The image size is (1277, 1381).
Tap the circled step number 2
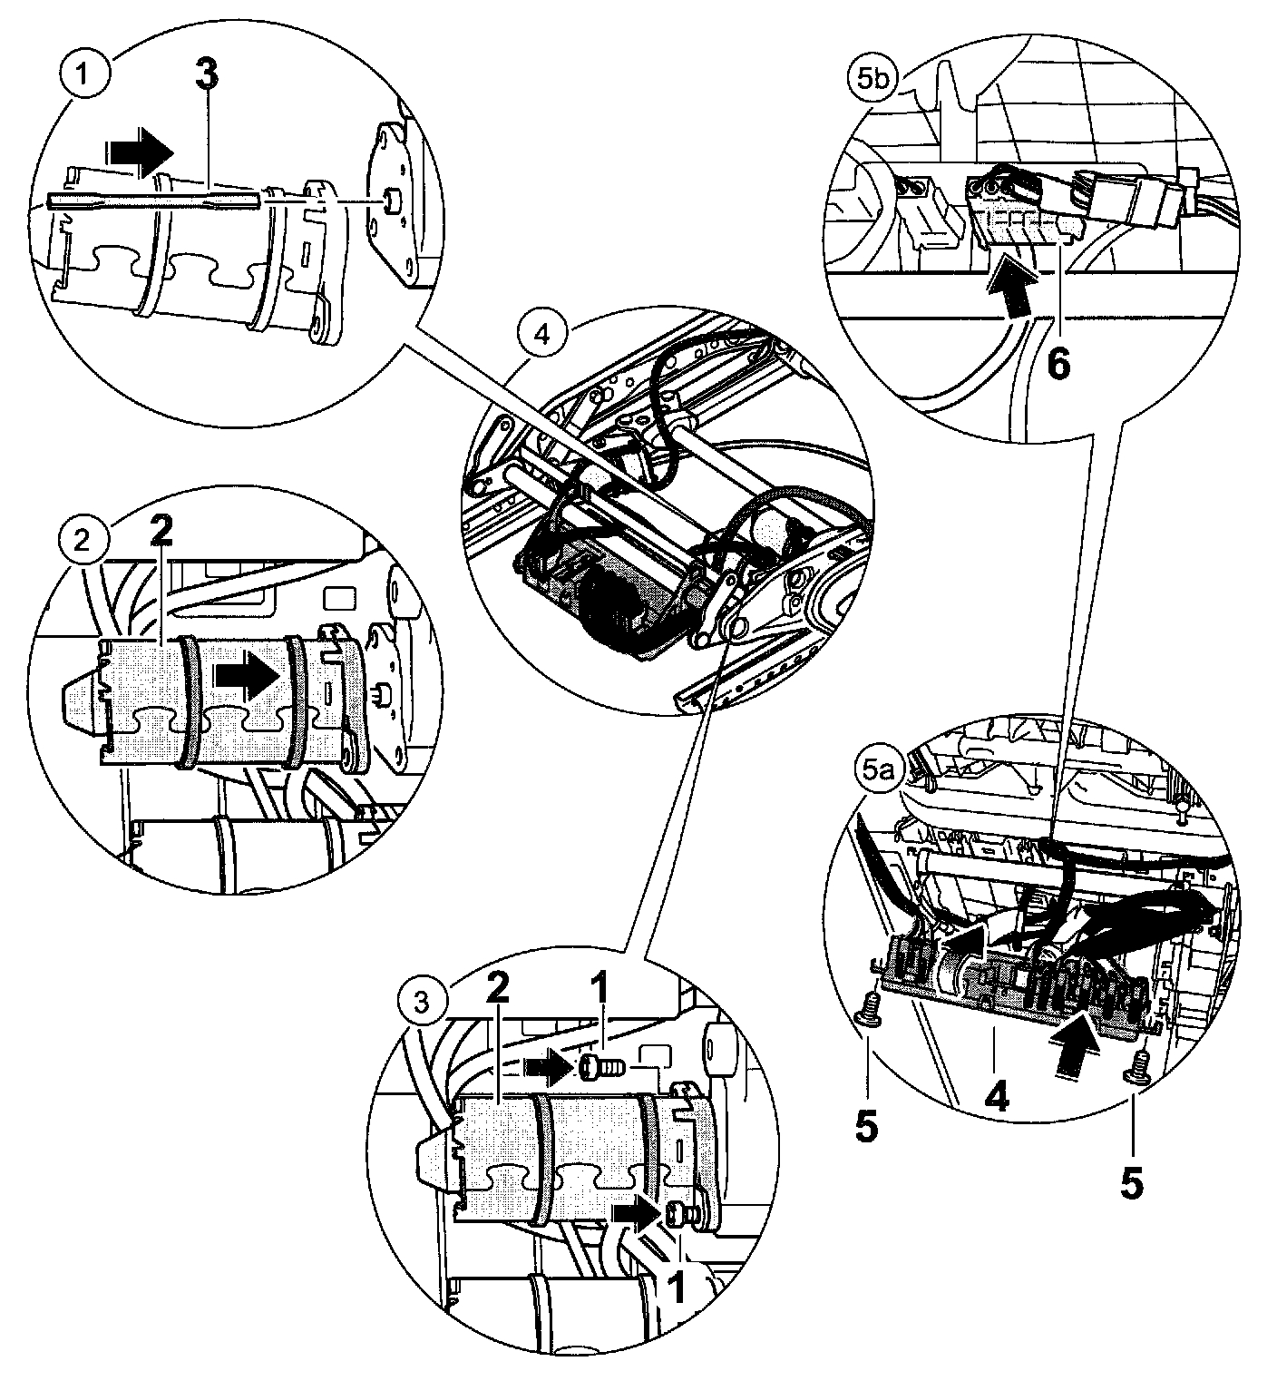pos(83,543)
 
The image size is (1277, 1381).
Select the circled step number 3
pos(420,1003)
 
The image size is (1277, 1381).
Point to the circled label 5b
pos(877,80)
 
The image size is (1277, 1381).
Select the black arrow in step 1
pos(139,151)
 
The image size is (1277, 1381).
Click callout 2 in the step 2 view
pos(161,535)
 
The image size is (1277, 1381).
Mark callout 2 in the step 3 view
pos(495,991)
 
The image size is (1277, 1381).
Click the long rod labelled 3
pos(154,201)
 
